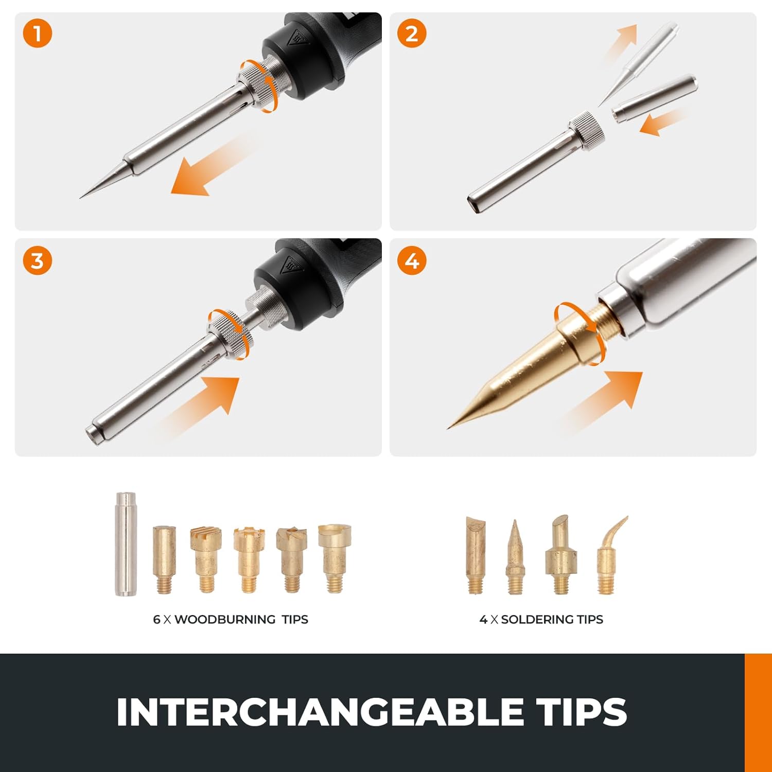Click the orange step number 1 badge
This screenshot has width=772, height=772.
tap(38, 34)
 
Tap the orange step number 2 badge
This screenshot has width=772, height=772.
tap(412, 34)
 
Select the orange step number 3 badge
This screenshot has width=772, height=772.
tap(38, 261)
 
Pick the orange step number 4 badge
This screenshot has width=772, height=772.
tap(412, 261)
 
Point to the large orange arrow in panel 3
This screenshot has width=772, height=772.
tap(206, 401)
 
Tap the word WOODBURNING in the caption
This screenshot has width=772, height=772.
tap(225, 620)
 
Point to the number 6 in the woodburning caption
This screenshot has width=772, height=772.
tap(156, 620)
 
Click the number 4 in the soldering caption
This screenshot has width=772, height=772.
tap(483, 620)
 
